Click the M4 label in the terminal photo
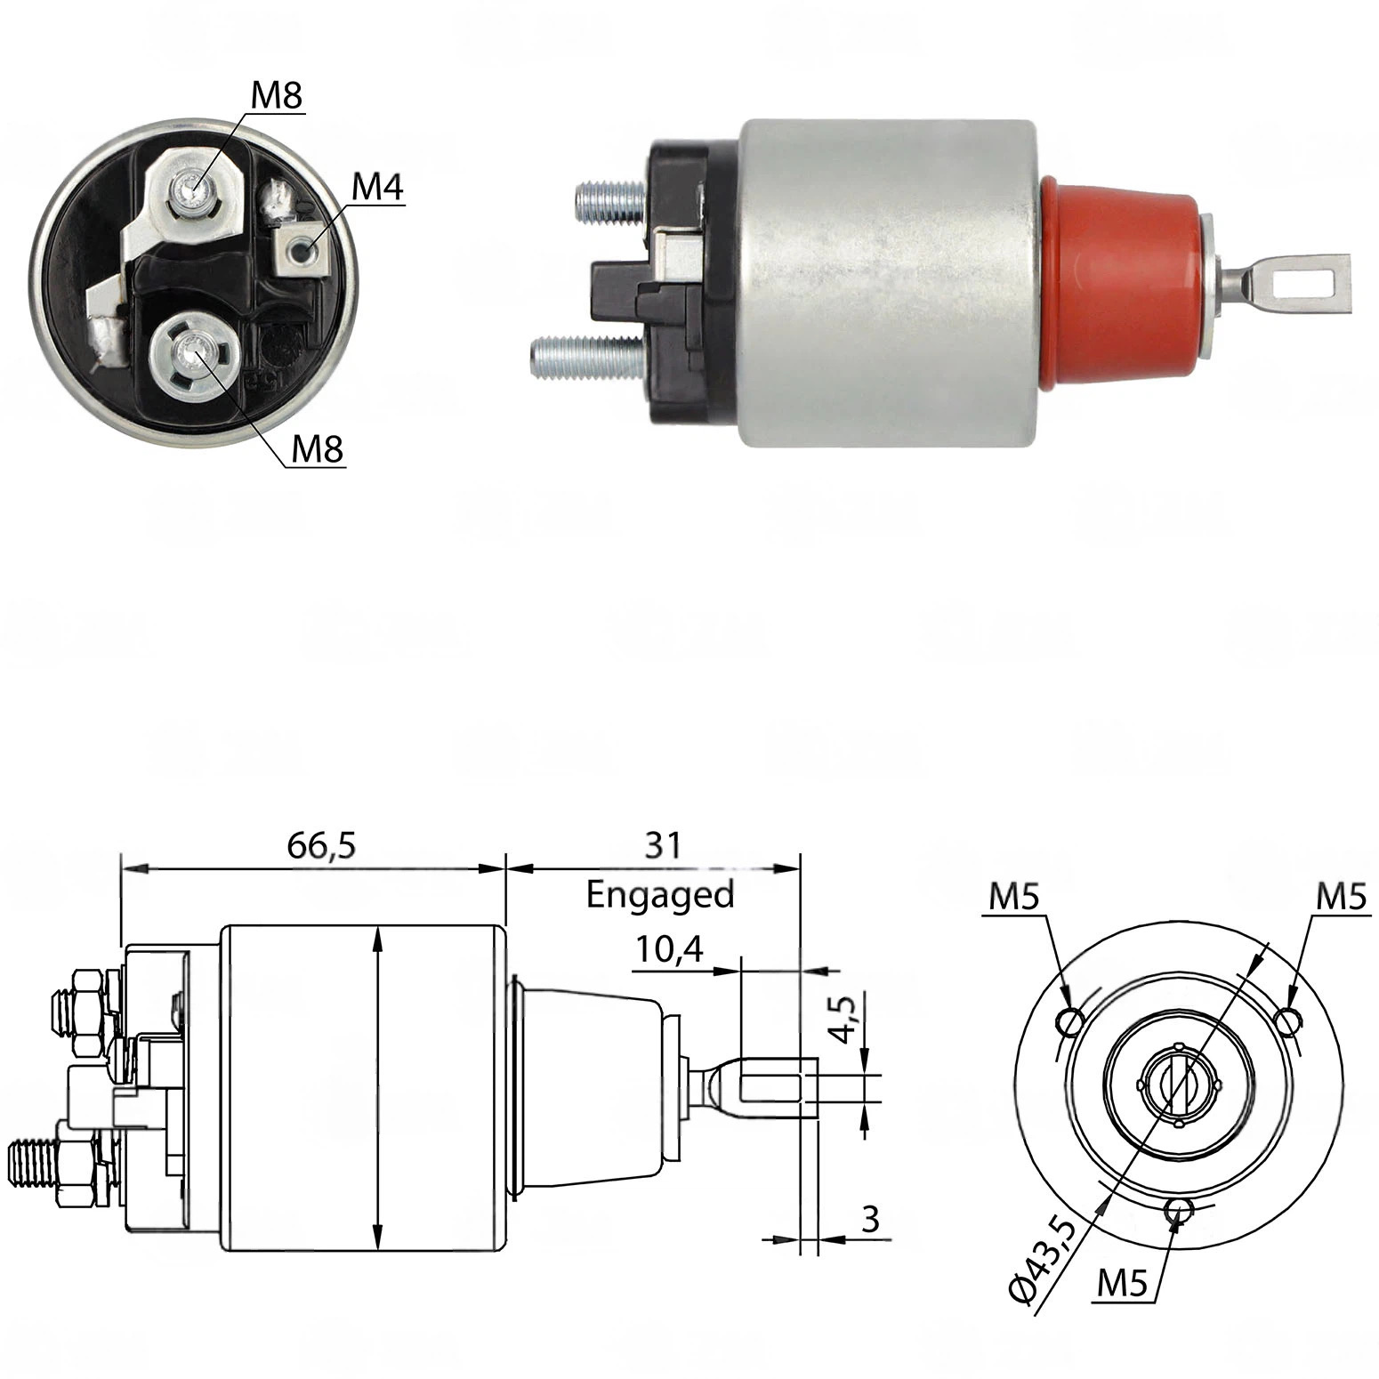pos(378,188)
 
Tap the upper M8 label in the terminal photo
pos(277,95)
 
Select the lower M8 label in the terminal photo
pos(318,449)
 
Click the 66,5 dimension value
pos(321,845)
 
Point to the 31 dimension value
pos(663,844)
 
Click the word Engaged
pos(660,893)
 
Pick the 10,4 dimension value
pos(668,950)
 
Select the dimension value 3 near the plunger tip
pos(870,1218)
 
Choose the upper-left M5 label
pos(1014,898)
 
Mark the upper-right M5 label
pos(1341,898)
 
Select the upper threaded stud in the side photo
pos(610,201)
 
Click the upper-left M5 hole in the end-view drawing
pos(1070,1021)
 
